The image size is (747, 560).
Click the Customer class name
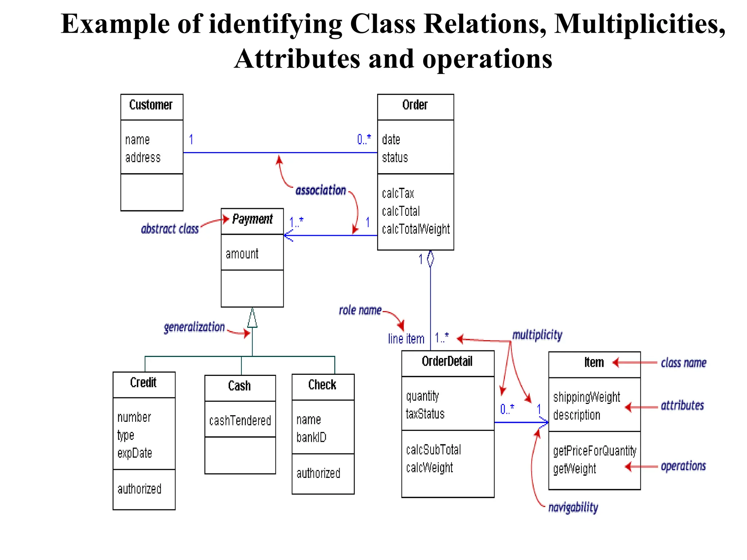click(x=151, y=105)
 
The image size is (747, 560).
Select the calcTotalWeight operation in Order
click(x=415, y=229)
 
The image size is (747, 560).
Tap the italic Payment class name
click(x=252, y=219)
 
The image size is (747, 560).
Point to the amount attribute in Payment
click(x=242, y=254)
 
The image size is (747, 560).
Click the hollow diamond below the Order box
click(x=430, y=258)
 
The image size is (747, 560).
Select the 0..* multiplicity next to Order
click(x=364, y=139)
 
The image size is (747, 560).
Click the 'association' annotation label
click(x=320, y=190)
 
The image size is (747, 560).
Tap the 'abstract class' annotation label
click(x=170, y=229)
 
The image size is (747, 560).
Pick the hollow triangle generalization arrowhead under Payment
click(x=252, y=318)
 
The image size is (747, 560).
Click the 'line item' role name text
click(x=406, y=339)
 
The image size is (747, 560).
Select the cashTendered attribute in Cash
click(x=240, y=420)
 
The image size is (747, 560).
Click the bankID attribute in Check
click(x=311, y=437)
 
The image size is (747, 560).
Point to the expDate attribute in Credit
click(x=135, y=453)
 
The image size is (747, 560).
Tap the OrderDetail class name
click(x=447, y=361)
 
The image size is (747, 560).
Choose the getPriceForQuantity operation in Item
click(x=594, y=451)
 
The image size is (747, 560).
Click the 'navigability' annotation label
click(x=573, y=507)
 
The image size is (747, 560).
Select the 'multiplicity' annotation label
click(x=537, y=335)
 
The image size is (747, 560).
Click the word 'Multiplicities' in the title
click(x=639, y=24)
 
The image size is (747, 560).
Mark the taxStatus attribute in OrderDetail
click(x=425, y=414)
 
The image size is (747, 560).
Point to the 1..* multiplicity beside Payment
click(x=296, y=222)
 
